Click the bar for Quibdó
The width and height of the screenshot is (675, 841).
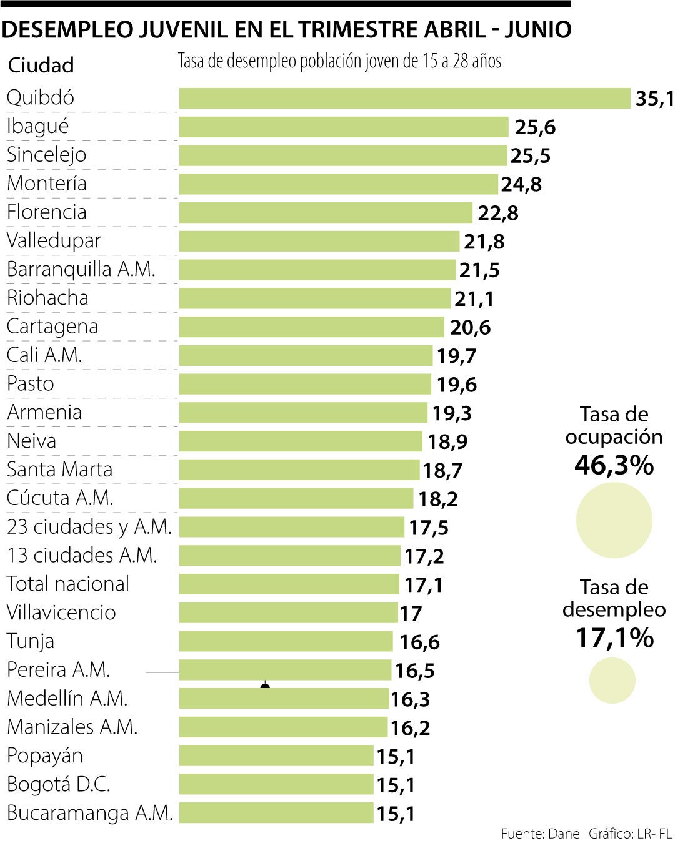tap(404, 98)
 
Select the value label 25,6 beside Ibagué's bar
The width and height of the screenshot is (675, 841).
tap(535, 127)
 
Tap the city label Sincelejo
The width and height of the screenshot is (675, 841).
tap(46, 155)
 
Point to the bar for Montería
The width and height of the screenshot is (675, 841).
tap(338, 184)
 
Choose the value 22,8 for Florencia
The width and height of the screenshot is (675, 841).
tap(498, 213)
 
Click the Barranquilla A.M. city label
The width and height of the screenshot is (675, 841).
tap(81, 269)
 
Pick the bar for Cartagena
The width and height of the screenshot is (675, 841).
tap(311, 327)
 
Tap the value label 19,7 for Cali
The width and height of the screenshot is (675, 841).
tap(456, 357)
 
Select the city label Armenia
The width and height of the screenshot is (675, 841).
tap(44, 412)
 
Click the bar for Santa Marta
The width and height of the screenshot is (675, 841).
tap(299, 470)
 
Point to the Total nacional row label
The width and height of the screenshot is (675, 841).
tap(67, 584)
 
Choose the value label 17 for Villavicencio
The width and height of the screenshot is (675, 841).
tap(411, 614)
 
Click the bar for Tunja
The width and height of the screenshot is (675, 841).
tap(286, 641)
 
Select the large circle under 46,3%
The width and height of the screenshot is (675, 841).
tap(614, 520)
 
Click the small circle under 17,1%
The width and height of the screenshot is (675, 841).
tap(612, 681)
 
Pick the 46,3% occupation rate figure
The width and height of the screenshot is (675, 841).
tap(614, 465)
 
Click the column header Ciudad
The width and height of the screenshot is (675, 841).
tap(41, 66)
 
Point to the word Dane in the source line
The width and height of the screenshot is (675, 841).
tap(564, 834)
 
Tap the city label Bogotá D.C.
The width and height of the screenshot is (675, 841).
tap(58, 784)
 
